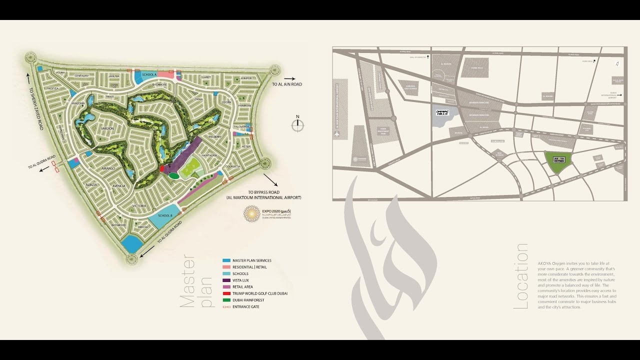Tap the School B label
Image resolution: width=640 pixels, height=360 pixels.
coord(164,215)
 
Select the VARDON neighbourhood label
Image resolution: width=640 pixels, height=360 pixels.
coord(107,129)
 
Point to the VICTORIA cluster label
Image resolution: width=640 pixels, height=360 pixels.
coord(139,206)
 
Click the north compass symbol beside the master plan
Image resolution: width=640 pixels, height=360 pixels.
coord(297,125)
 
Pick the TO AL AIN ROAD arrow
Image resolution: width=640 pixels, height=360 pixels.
coord(289,78)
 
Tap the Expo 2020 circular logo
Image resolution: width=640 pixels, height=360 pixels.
coord(251,213)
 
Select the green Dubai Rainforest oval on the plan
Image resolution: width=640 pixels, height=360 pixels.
coord(173,175)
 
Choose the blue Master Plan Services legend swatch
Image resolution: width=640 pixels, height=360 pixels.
coord(226,260)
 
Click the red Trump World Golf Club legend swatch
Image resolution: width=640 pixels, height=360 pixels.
coord(226,293)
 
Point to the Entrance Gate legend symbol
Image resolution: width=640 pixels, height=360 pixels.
coord(226,306)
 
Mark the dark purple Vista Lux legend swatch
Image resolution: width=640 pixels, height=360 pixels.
coord(226,280)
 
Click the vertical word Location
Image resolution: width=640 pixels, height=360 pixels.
coord(521,276)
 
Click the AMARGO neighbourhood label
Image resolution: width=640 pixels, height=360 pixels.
coord(108,169)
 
